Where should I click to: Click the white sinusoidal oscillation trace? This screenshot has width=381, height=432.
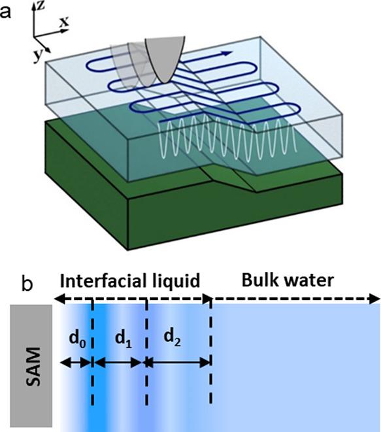click(229, 137)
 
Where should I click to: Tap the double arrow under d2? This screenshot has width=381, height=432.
click(178, 361)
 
